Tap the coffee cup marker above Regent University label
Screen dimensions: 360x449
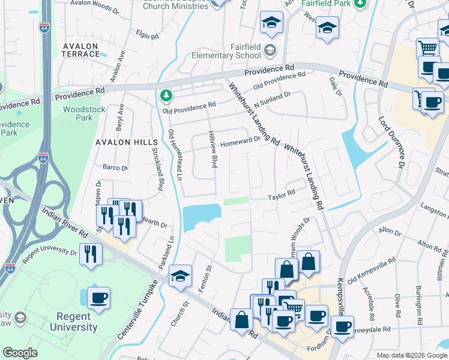98,298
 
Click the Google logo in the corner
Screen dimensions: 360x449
20,353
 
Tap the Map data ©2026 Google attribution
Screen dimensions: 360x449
411,355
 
